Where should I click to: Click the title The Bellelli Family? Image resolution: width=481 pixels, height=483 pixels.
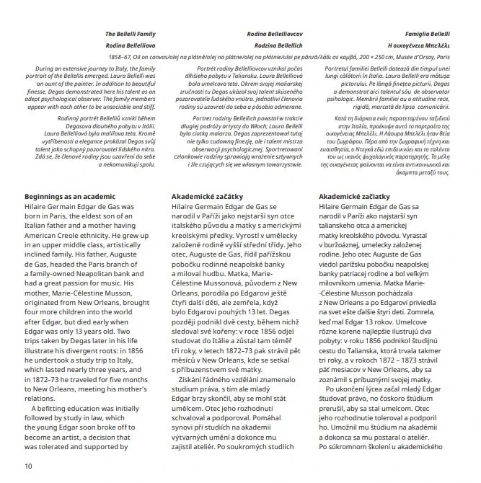(x=131, y=34)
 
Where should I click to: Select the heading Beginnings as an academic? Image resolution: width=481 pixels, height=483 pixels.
(x=70, y=196)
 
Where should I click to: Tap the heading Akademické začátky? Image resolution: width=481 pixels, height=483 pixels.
(x=208, y=196)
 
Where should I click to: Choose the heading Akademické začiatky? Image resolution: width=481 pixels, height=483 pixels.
(x=356, y=196)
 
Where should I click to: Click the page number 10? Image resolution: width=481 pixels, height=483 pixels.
(x=29, y=466)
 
